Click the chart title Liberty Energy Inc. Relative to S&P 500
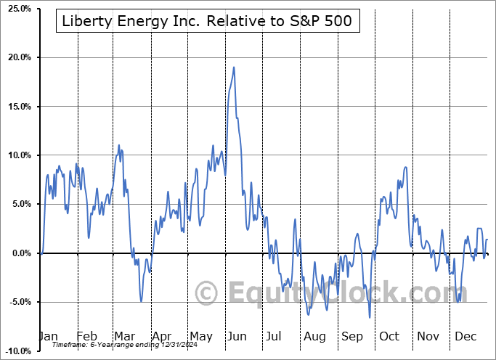click(x=207, y=21)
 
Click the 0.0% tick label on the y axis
click(x=18, y=253)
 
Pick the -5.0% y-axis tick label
click(x=17, y=302)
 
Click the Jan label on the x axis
click(x=48, y=337)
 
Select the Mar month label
click(x=125, y=337)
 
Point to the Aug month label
click(x=316, y=337)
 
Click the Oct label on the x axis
click(x=390, y=337)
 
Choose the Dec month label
click(x=465, y=337)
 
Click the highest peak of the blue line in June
click(x=234, y=67)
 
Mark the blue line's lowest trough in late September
click(x=370, y=317)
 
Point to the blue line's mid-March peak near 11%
click(x=118, y=145)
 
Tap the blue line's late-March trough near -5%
click(x=141, y=300)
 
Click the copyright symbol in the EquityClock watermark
click(x=207, y=294)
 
